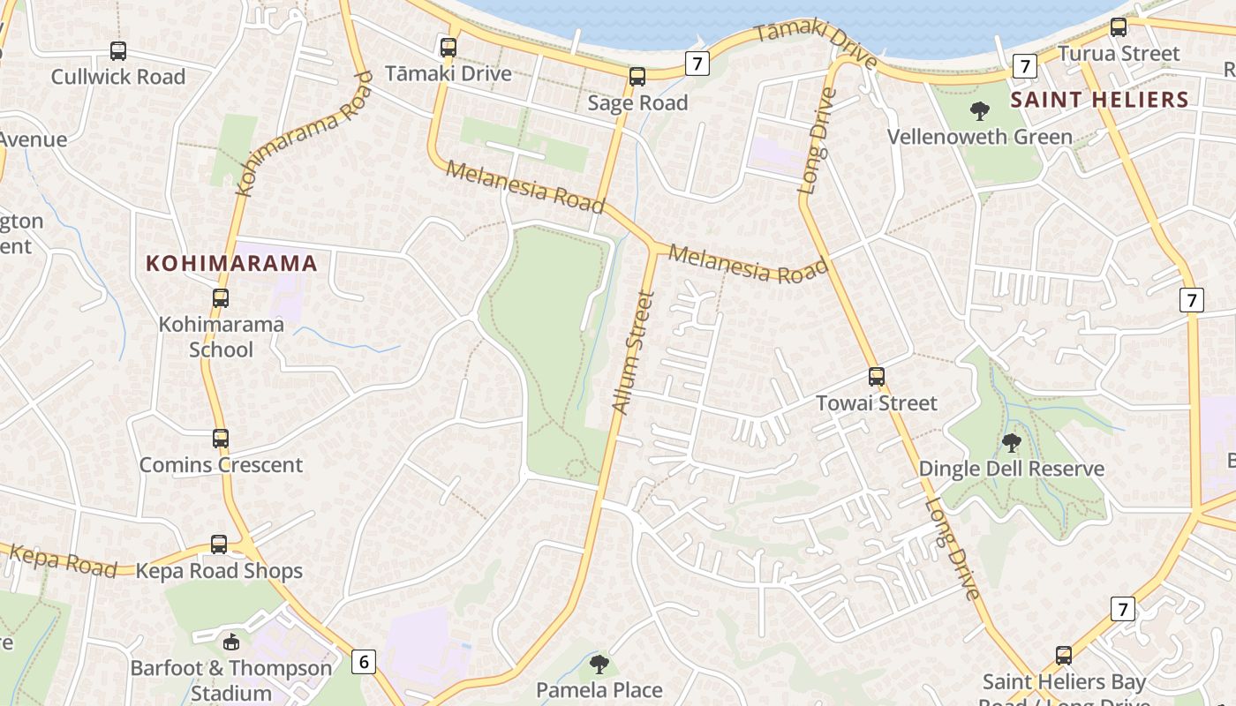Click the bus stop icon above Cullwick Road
pos(117,51)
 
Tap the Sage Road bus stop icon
pos(637,77)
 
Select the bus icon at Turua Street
pos(1119,27)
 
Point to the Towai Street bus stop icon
pos(876,377)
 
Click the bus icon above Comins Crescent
pos(221,439)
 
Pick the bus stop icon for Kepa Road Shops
pos(219,545)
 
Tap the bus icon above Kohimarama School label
pos(221,298)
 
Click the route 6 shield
pos(363,661)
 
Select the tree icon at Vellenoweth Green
pos(979,111)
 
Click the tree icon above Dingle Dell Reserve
pos(1012,442)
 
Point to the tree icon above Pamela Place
pos(599,664)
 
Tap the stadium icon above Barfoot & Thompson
pos(231,642)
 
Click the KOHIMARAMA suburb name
pos(231,263)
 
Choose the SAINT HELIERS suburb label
pos(1099,99)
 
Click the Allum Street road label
pos(633,353)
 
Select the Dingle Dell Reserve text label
pos(1012,469)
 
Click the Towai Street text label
pos(876,403)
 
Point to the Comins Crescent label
pos(221,465)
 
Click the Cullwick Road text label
pos(118,77)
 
